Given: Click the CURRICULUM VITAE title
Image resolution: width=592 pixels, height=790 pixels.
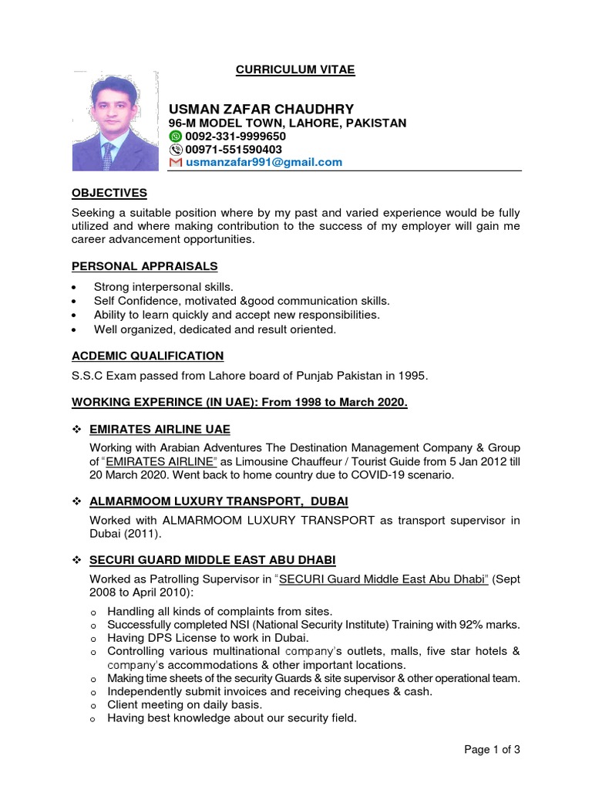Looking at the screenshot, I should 295,69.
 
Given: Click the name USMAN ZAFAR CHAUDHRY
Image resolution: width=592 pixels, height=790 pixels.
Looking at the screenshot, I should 261,109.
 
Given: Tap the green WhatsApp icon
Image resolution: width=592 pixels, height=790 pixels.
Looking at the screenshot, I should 176,136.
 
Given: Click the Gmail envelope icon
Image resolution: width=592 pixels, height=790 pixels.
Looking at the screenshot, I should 176,162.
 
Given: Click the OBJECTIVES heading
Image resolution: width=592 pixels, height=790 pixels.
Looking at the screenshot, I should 109,193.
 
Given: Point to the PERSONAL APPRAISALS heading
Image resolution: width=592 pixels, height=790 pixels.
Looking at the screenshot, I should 145,266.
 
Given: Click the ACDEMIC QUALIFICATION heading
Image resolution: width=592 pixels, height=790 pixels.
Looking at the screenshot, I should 148,356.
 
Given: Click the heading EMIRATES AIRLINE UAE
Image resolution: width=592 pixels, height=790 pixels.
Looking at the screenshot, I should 160,429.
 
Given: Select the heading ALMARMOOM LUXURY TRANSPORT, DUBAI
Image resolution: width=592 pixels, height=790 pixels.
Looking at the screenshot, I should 214,501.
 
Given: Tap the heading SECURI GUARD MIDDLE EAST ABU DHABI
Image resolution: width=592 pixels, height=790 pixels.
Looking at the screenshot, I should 213,559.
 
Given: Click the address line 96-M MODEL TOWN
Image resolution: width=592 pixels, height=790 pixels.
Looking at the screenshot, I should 288,123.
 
